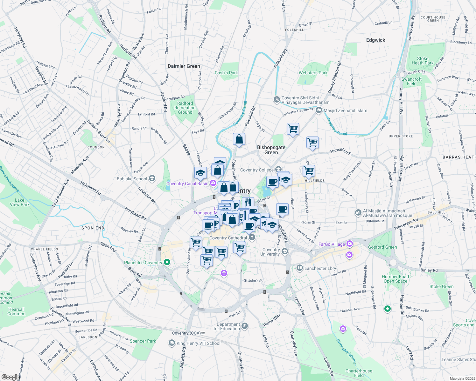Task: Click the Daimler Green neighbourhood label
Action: click(x=184, y=66)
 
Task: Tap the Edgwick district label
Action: click(x=375, y=40)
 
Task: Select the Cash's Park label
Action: click(x=226, y=73)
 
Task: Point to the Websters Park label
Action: click(x=313, y=73)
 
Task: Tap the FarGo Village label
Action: click(x=332, y=244)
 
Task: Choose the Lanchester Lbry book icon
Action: click(x=299, y=268)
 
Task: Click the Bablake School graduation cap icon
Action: click(x=152, y=178)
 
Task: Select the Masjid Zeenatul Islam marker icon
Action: click(x=318, y=110)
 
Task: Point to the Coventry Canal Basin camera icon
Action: click(x=213, y=183)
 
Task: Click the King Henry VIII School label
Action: click(x=198, y=343)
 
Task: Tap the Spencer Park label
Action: click(x=143, y=341)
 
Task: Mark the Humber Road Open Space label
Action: click(x=395, y=279)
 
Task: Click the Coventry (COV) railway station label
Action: click(x=186, y=333)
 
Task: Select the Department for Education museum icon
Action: click(x=244, y=326)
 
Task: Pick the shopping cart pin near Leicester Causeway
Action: click(x=292, y=129)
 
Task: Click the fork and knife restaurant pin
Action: click(x=248, y=202)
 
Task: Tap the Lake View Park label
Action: click(x=19, y=202)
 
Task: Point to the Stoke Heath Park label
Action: click(x=423, y=61)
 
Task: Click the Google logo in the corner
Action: click(x=10, y=377)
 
